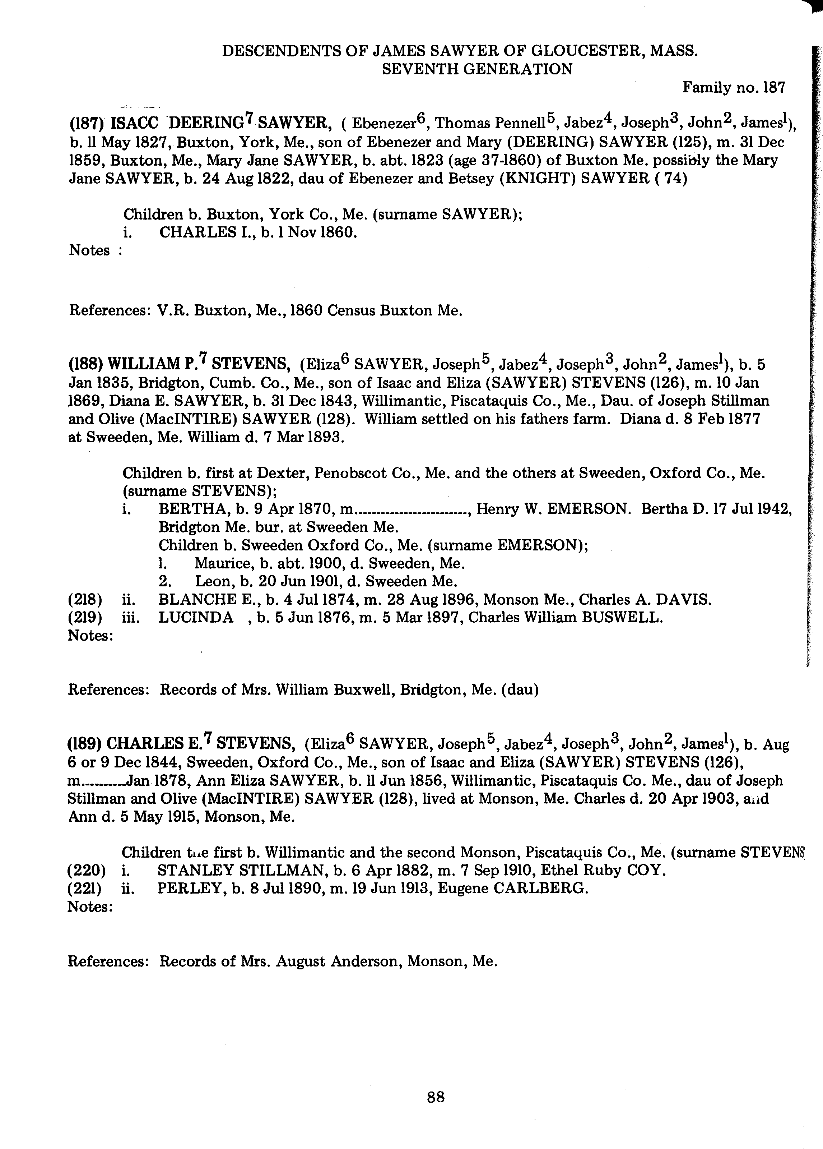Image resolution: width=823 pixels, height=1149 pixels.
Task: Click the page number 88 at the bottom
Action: click(436, 1097)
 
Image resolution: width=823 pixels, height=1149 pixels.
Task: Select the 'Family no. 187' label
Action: click(733, 88)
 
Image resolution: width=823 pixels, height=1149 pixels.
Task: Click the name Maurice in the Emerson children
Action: click(220, 563)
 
